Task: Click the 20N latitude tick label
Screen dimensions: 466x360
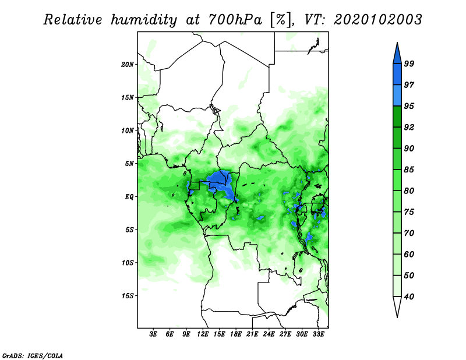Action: pos(128,65)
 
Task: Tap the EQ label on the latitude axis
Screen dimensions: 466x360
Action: pos(129,197)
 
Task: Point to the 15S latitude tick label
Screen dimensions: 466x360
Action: pos(128,296)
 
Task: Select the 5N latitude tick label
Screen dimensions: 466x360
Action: pos(129,164)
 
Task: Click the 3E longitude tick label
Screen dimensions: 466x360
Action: pos(153,334)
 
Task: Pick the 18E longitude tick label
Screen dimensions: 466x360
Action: pos(236,334)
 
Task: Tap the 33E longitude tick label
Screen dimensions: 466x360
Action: pos(318,334)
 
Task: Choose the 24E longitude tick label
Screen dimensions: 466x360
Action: pos(269,334)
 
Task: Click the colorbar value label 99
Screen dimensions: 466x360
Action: pos(409,63)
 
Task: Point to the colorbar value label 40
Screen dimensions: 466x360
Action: pos(409,297)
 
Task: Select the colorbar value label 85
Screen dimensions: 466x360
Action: pos(409,170)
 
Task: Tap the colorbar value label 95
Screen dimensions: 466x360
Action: pos(409,106)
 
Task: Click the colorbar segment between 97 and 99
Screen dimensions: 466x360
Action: pos(397,75)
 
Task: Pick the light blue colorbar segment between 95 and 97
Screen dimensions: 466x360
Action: pos(397,96)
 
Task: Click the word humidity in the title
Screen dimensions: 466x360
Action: pos(144,20)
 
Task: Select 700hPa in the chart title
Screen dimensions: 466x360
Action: pos(235,20)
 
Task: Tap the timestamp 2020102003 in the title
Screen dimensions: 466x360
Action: pos(377,20)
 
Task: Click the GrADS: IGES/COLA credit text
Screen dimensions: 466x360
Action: pos(33,356)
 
